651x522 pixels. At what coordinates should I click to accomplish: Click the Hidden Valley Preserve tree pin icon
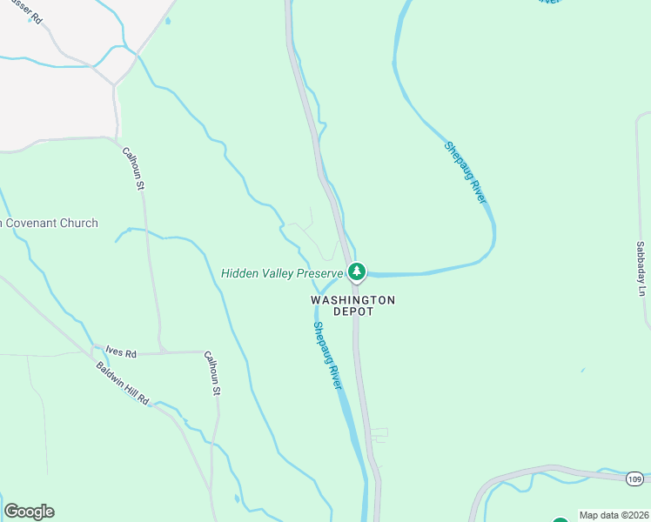click(356, 272)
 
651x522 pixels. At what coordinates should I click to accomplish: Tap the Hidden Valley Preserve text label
click(283, 273)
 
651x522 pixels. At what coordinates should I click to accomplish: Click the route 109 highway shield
click(634, 478)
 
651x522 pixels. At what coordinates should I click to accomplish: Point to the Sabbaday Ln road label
click(641, 269)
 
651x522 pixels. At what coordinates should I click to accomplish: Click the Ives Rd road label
click(121, 352)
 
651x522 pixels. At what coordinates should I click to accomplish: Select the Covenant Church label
click(50, 224)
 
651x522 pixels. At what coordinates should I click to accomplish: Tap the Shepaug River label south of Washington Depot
click(326, 355)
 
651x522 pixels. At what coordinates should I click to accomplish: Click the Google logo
click(29, 512)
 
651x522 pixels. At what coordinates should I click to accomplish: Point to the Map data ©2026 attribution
click(614, 515)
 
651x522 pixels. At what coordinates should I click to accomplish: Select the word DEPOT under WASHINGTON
click(353, 311)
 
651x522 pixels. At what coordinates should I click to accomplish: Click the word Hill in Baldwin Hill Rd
click(129, 387)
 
